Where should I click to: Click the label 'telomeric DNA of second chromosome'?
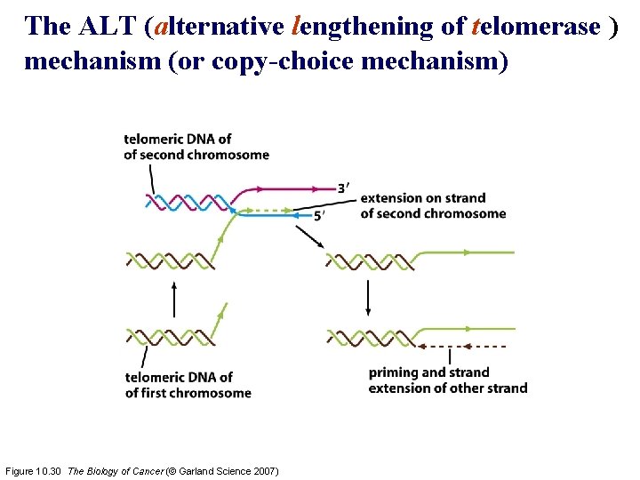pyautogui.click(x=196, y=147)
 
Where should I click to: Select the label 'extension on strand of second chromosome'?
pyautogui.click(x=432, y=205)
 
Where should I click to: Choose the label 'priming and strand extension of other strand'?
pyautogui.click(x=447, y=380)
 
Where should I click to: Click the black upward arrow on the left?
pyautogui.click(x=174, y=299)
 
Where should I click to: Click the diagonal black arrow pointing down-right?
pyautogui.click(x=309, y=236)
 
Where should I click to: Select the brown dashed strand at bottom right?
pyautogui.click(x=462, y=345)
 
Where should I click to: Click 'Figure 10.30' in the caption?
pyautogui.click(x=35, y=470)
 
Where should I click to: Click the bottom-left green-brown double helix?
pyautogui.click(x=164, y=337)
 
